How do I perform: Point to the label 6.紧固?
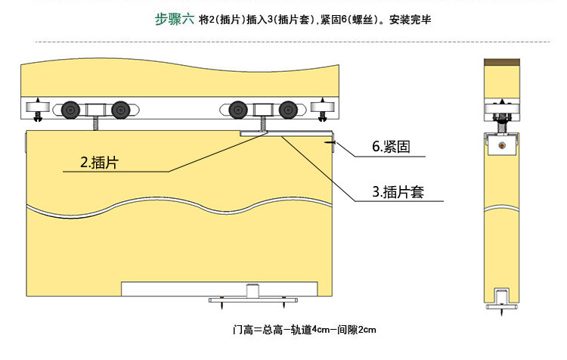coord(391,147)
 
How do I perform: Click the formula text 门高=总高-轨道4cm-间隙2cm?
coord(305,331)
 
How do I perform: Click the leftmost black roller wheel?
coord(73,110)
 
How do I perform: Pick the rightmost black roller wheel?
coord(287,110)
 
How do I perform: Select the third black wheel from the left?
coord(239,110)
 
